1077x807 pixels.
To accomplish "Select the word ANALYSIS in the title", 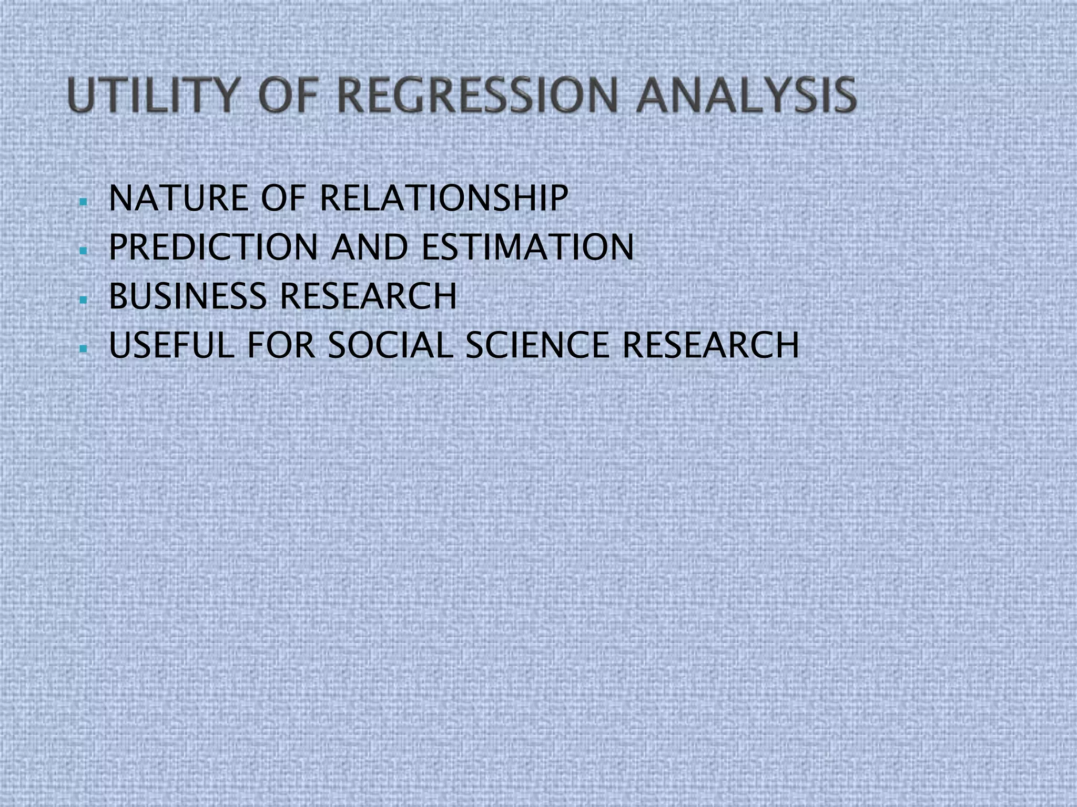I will point(746,95).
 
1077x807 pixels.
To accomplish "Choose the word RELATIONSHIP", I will point(443,199).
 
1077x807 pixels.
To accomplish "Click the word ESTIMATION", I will point(527,247).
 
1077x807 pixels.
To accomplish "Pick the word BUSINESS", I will point(188,296).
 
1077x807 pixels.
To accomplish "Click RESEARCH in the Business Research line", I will point(368,296).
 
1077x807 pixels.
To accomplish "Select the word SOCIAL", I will point(390,345).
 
